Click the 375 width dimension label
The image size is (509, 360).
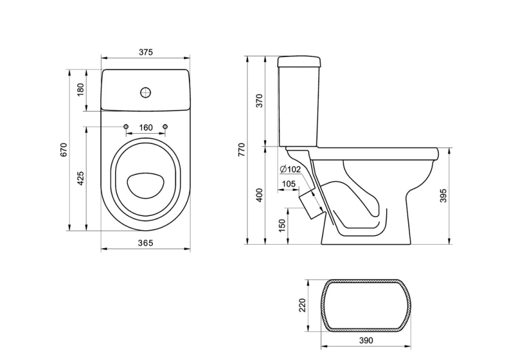[x=146, y=52]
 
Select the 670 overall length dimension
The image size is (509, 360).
[x=64, y=150]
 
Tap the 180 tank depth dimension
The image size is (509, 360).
[x=80, y=89]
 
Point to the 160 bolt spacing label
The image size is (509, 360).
[x=146, y=128]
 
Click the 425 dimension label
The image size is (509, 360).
[x=80, y=178]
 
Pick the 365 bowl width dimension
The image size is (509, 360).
[x=146, y=243]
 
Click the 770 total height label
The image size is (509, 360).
[x=242, y=150]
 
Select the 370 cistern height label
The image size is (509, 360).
[x=260, y=101]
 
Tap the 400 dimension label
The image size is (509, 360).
[x=260, y=195]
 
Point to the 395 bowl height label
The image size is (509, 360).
[x=443, y=196]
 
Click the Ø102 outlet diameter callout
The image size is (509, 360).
[x=290, y=169]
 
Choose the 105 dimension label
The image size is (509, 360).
[x=288, y=184]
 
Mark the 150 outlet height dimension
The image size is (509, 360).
[x=282, y=226]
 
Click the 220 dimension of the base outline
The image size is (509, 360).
[x=302, y=305]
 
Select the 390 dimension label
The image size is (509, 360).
[x=366, y=340]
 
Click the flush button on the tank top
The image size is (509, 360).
[x=146, y=92]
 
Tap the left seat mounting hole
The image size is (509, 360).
[x=126, y=127]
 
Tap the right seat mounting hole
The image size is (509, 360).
[x=165, y=127]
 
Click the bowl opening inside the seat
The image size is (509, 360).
[x=145, y=185]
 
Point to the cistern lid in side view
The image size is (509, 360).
[x=299, y=62]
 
